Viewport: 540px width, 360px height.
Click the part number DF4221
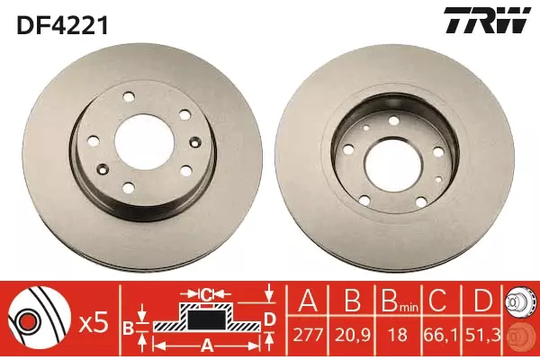click(63, 26)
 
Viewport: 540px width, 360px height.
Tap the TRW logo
click(487, 21)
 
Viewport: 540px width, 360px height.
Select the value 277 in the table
click(308, 335)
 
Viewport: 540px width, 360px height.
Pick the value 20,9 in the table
click(352, 335)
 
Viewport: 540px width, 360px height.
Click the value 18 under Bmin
click(398, 335)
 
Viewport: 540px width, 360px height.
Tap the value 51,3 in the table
click(482, 335)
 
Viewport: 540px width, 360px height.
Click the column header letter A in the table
click(308, 301)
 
